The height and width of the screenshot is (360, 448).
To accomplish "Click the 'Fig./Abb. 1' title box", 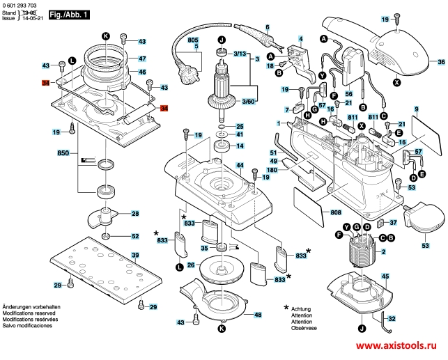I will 70,15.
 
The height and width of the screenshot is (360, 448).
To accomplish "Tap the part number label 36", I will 440,62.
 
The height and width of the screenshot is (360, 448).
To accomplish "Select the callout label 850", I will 63,152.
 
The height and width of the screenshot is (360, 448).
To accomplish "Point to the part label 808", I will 335,212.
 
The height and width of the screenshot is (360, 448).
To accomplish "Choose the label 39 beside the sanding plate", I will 135,256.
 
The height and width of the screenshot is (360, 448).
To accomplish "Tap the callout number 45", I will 384,276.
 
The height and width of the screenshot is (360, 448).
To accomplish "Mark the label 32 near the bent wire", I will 392,319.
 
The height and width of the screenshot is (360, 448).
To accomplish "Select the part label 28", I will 135,214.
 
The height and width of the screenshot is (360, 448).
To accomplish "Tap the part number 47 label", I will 142,58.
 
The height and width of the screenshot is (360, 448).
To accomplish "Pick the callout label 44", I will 239,166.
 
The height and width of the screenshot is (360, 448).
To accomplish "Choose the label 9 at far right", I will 415,109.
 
